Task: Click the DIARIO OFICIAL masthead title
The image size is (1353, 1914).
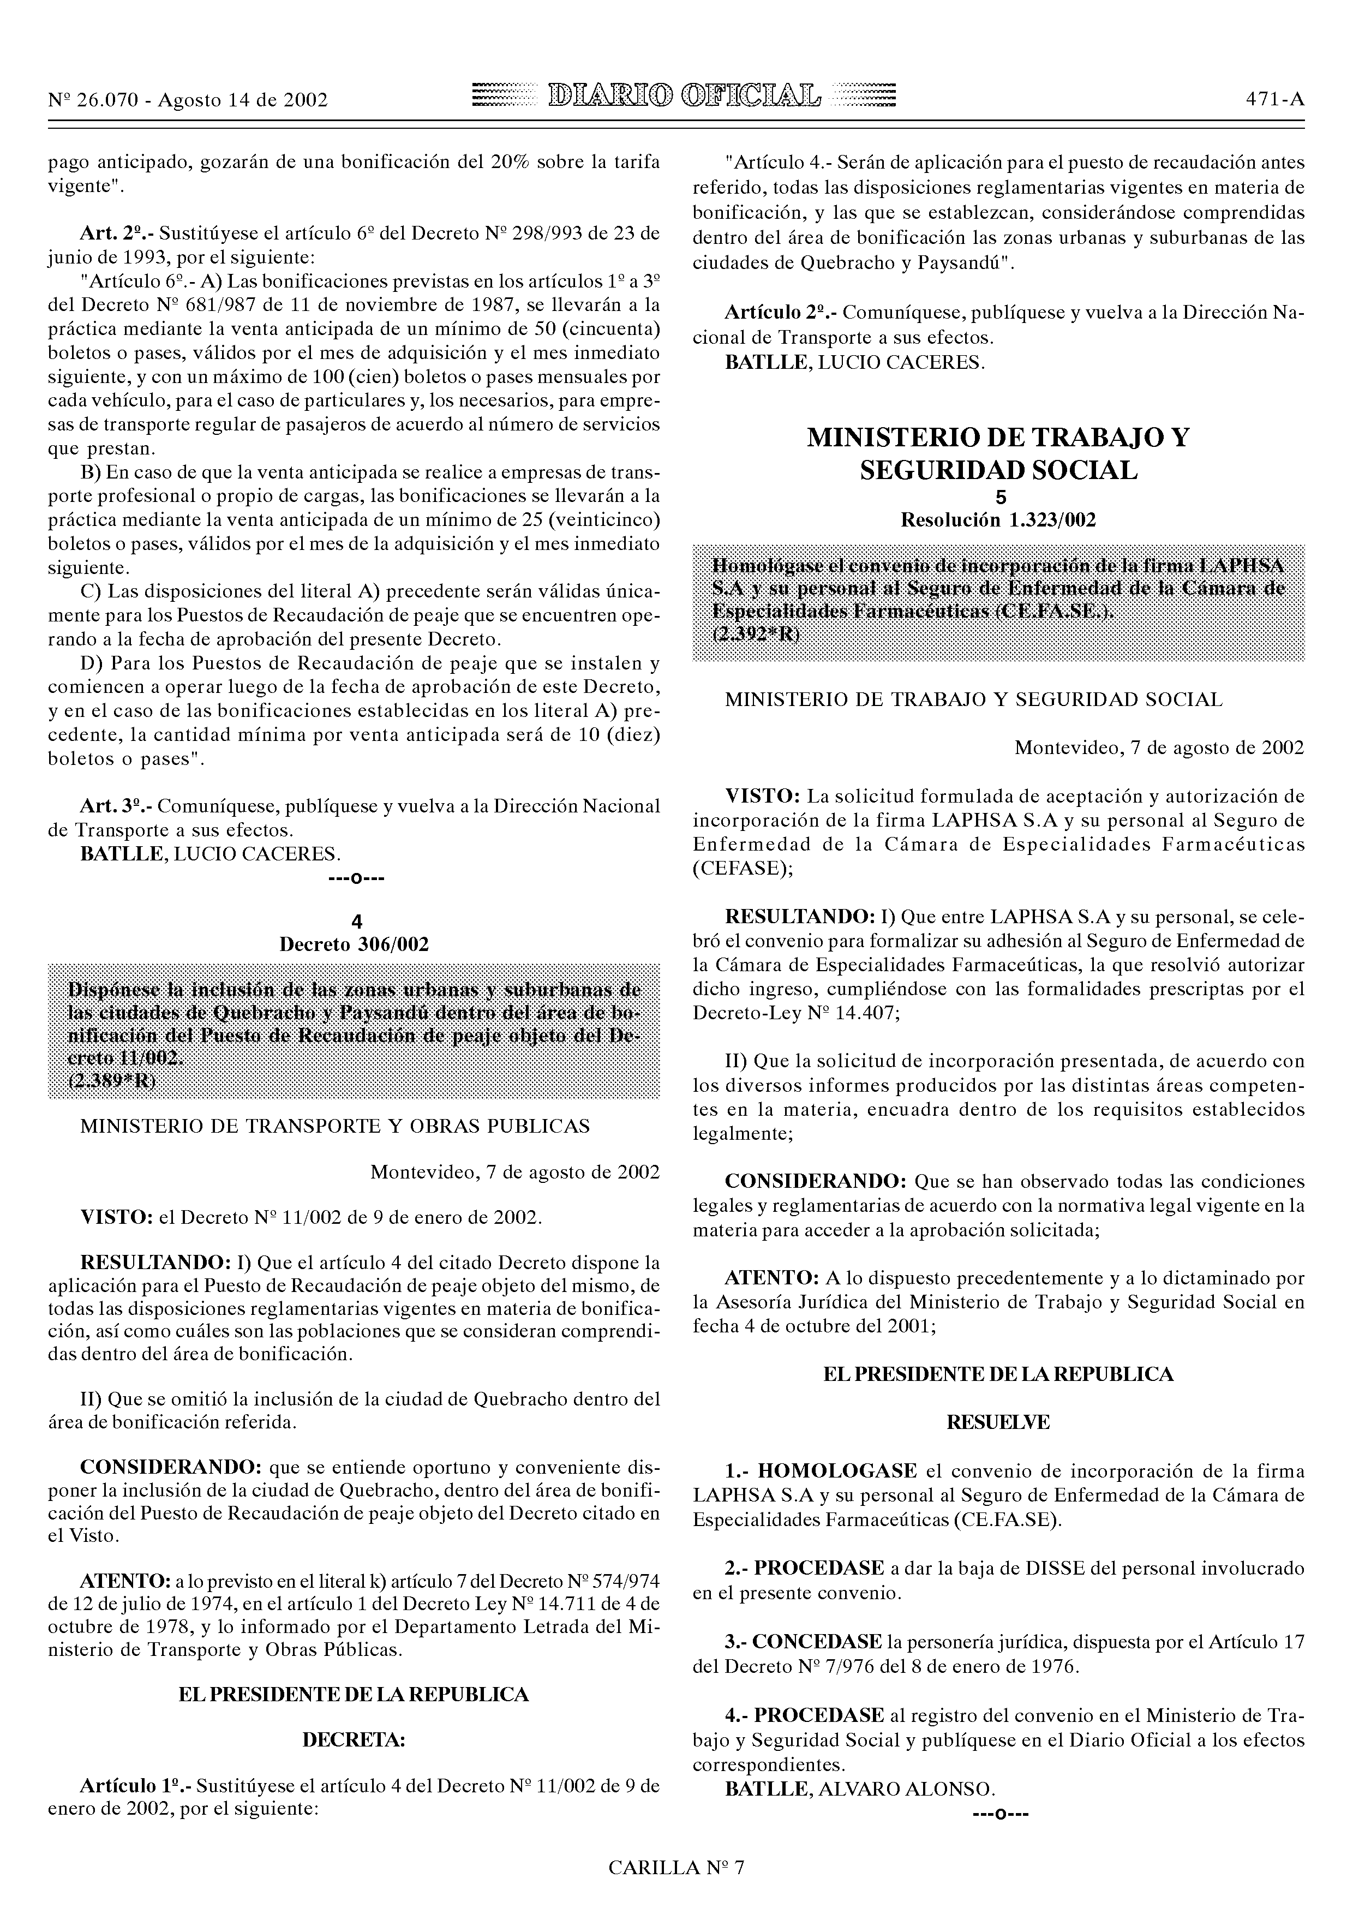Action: (x=683, y=98)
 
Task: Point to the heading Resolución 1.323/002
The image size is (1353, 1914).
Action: (x=998, y=520)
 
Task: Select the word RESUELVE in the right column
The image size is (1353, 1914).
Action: (x=998, y=1422)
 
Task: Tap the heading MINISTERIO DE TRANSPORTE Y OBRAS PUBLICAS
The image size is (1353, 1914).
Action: (x=335, y=1126)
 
